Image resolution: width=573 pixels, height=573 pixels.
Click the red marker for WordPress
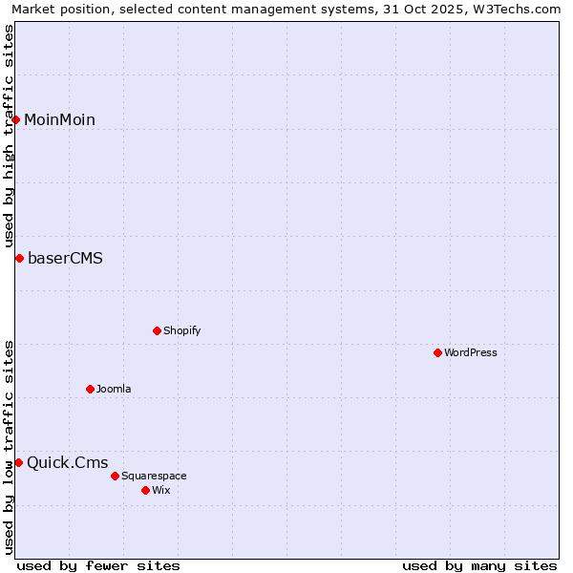(437, 352)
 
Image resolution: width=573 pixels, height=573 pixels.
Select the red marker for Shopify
(157, 330)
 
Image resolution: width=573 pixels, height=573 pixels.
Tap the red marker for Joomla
(90, 389)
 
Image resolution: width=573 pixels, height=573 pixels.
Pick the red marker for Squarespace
(115, 476)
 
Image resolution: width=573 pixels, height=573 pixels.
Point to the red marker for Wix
(145, 490)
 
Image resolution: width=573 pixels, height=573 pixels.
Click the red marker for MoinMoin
(16, 119)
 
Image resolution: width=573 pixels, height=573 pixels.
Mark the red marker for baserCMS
(19, 258)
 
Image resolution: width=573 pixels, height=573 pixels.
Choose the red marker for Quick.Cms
(18, 462)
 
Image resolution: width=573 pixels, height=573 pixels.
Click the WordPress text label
(471, 352)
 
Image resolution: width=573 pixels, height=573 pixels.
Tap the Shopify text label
(181, 330)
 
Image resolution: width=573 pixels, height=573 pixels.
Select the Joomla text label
(114, 389)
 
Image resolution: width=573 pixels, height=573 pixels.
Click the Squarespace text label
(154, 476)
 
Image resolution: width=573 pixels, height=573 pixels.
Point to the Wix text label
(160, 490)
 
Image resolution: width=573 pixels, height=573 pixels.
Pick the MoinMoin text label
(59, 119)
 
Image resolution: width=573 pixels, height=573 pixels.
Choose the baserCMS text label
(65, 258)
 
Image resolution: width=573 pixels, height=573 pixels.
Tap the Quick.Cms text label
(67, 462)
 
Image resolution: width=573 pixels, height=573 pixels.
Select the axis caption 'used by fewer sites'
(98, 565)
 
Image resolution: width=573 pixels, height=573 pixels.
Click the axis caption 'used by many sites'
(479, 565)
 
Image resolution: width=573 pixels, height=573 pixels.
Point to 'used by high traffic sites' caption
(9, 137)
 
